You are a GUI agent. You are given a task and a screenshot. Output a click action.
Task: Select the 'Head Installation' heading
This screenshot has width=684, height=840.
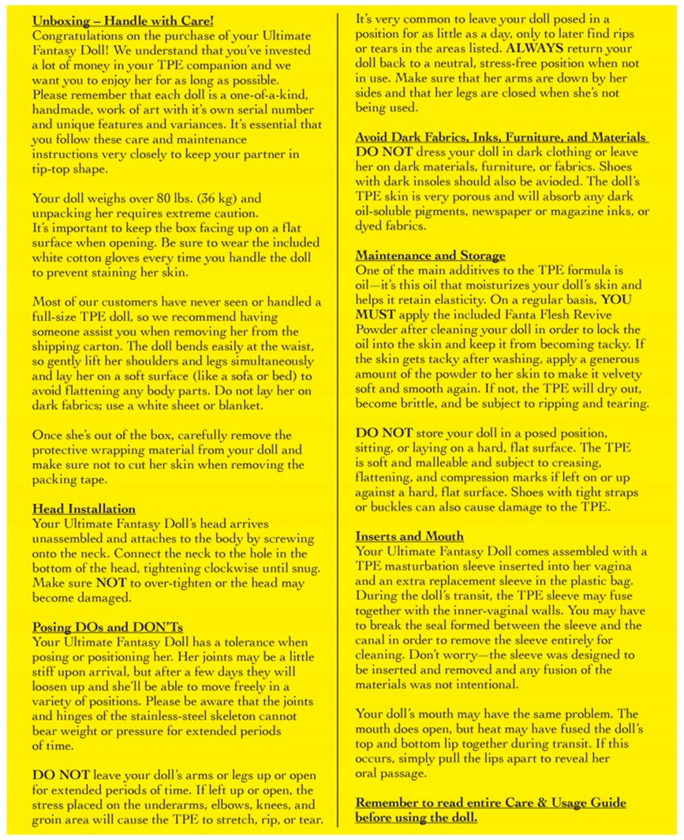pos(83,509)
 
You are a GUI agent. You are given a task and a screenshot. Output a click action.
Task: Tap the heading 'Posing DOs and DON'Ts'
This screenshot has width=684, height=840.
pos(107,627)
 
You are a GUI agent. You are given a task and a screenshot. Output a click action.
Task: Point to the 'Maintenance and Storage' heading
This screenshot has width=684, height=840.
pos(430,256)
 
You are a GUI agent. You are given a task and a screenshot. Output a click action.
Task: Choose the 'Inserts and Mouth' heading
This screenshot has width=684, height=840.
pos(409,536)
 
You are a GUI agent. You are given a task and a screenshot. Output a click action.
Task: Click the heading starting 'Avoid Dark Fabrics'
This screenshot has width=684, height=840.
pos(500,137)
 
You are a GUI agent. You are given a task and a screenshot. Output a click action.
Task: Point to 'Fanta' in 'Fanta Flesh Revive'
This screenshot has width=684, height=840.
pos(500,330)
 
